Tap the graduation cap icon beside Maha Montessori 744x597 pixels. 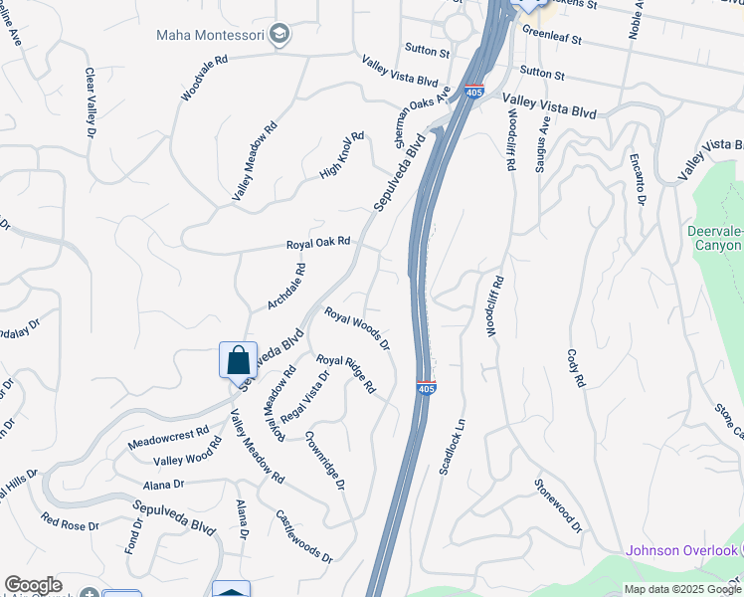click(x=279, y=35)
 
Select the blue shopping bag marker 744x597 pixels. click(x=238, y=360)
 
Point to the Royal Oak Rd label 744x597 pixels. click(x=318, y=242)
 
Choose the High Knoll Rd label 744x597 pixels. click(x=342, y=156)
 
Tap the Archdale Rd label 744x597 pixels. click(x=286, y=286)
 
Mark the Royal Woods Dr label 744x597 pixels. click(x=356, y=328)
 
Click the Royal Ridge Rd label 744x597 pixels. click(x=345, y=373)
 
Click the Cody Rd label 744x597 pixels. click(x=576, y=368)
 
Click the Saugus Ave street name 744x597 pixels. click(x=543, y=145)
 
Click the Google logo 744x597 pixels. click(x=34, y=585)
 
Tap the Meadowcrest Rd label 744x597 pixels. click(x=168, y=438)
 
